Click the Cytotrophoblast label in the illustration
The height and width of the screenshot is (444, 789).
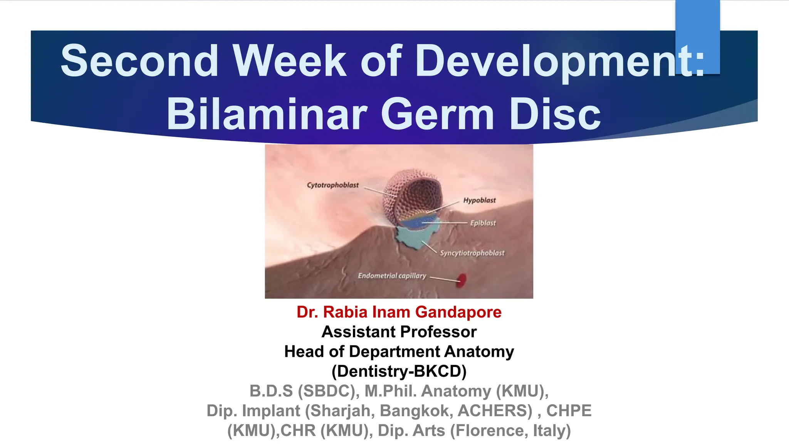click(x=332, y=185)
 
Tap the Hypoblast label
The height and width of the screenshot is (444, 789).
click(x=479, y=200)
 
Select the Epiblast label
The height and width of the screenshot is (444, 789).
click(x=483, y=223)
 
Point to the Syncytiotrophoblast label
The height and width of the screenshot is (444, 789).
click(x=472, y=253)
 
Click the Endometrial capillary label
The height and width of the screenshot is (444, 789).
click(x=392, y=276)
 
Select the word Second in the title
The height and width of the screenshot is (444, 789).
click(x=139, y=61)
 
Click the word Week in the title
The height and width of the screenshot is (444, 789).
click(x=289, y=61)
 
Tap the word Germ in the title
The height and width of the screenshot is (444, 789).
click(x=437, y=114)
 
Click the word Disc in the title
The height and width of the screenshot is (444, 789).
click(x=555, y=114)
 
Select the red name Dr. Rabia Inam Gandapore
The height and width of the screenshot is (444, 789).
click(x=399, y=312)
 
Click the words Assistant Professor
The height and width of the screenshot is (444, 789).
click(x=399, y=332)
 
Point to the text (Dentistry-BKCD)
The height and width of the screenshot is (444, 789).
click(x=399, y=372)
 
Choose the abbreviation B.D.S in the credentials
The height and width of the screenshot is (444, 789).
click(x=271, y=391)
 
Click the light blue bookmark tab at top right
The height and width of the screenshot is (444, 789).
click(x=697, y=37)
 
